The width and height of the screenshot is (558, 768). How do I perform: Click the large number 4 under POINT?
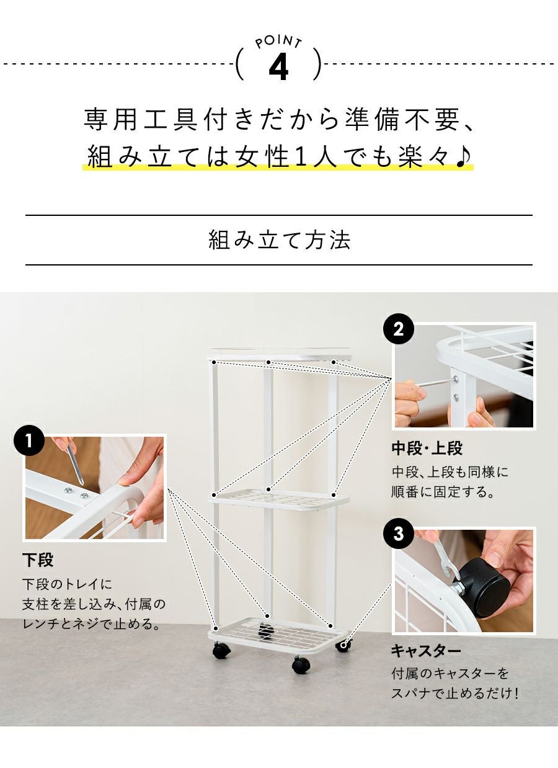tap(278, 68)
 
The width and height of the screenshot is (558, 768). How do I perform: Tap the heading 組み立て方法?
tap(279, 240)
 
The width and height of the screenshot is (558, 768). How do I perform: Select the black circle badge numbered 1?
tap(29, 441)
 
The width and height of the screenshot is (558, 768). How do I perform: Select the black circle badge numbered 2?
tap(398, 329)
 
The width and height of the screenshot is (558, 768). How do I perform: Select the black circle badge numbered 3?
tap(398, 534)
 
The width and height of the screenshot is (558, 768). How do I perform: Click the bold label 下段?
tap(38, 560)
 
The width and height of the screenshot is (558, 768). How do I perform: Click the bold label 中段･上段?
tap(427, 448)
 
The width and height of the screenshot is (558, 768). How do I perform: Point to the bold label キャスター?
tap(426, 651)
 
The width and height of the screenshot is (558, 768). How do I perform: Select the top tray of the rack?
tap(279, 354)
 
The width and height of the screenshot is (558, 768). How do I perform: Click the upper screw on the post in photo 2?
tap(456, 379)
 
